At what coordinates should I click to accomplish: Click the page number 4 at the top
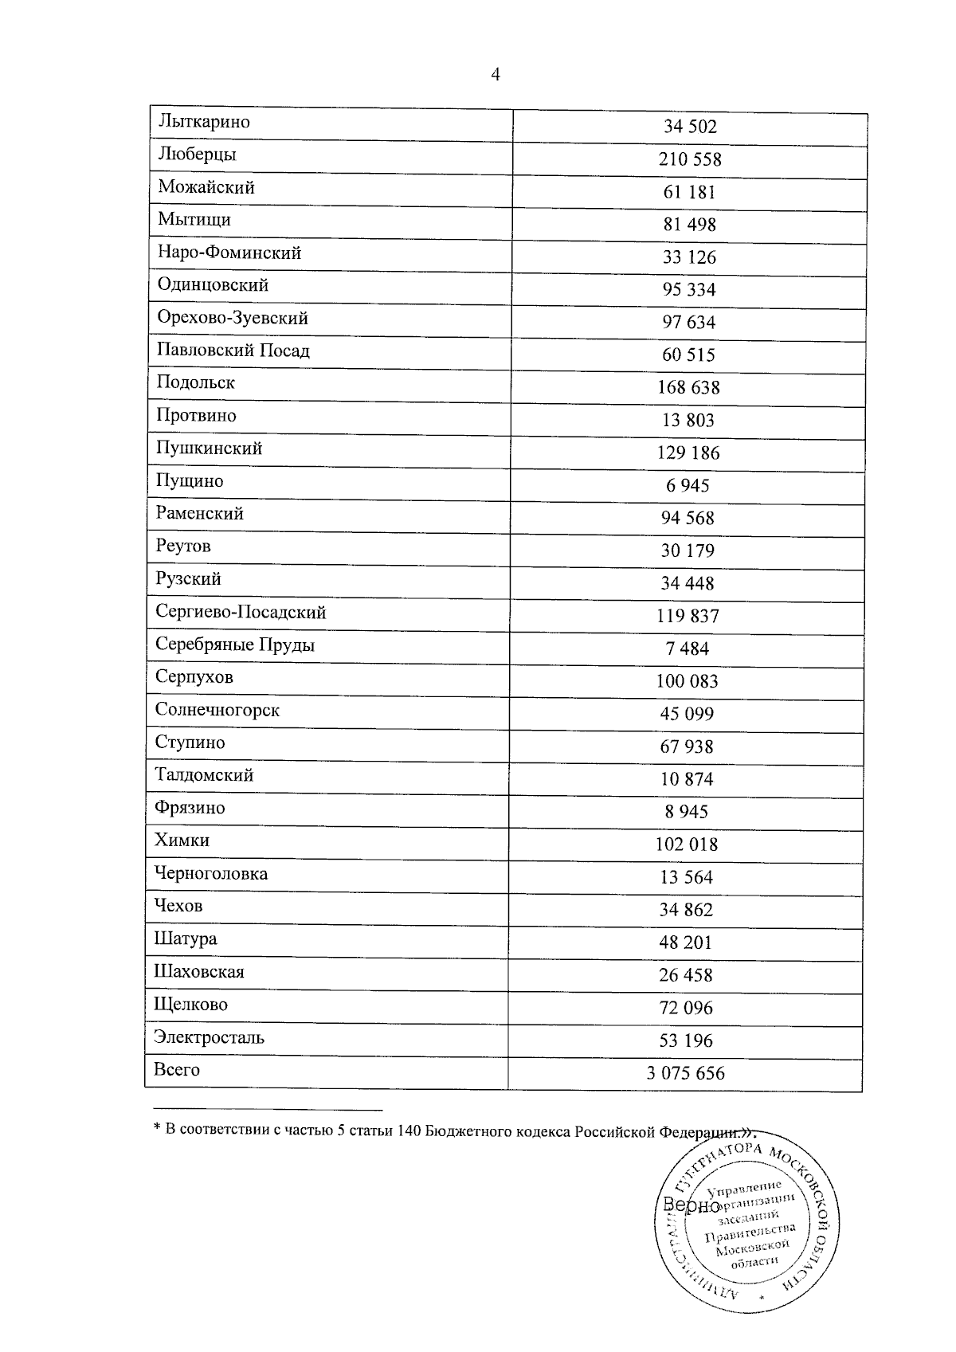tap(496, 75)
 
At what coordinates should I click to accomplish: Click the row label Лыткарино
tap(204, 122)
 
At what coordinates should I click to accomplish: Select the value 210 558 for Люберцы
tap(690, 159)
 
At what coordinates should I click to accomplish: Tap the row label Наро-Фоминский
tap(229, 253)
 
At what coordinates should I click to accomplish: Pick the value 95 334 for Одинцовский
tap(689, 289)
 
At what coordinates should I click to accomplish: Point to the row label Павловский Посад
tap(233, 351)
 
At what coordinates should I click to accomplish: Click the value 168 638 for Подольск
tap(688, 387)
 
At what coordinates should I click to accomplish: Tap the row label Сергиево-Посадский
tap(241, 612)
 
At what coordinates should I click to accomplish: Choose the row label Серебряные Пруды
tap(235, 645)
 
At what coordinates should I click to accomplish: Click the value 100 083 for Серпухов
tap(687, 681)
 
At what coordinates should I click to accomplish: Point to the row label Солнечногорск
tap(217, 710)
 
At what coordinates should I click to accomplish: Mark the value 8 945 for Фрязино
tap(687, 812)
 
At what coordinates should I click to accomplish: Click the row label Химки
tap(182, 841)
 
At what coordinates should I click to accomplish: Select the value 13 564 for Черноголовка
tap(687, 877)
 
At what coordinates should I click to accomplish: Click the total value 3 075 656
tap(686, 1073)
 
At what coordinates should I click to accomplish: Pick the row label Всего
tap(177, 1070)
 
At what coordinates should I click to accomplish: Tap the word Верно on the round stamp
tap(686, 1205)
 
